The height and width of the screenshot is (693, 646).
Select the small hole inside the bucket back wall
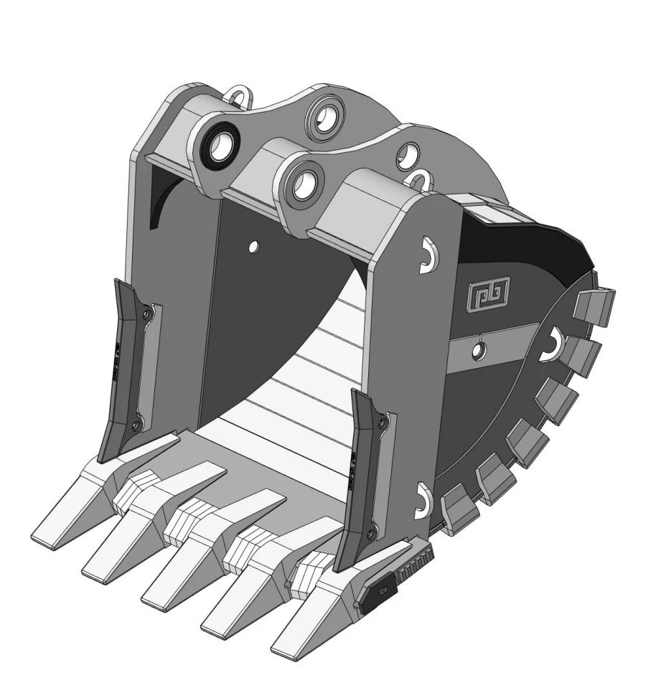click(253, 247)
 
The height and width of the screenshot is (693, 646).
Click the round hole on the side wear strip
click(479, 349)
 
